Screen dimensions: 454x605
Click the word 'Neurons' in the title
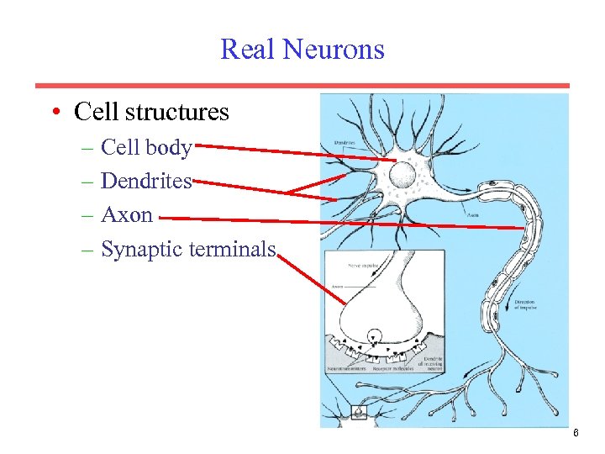point(334,49)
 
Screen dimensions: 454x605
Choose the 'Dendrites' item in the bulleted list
point(146,181)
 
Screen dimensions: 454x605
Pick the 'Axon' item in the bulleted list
point(126,214)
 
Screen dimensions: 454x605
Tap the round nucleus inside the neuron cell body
point(400,176)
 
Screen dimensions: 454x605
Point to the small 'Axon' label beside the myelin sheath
point(473,214)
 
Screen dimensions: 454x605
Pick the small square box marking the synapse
point(359,413)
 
